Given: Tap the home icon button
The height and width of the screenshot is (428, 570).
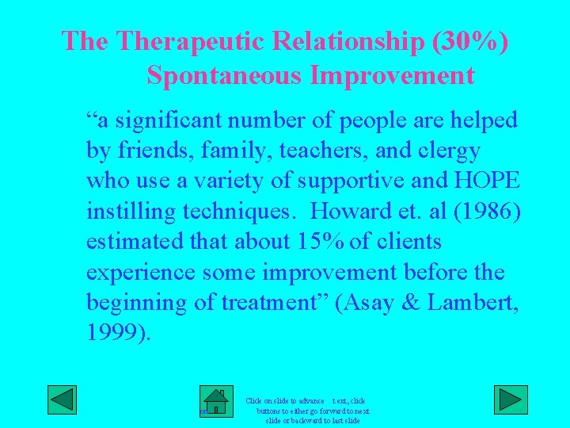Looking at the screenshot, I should pyautogui.click(x=215, y=402).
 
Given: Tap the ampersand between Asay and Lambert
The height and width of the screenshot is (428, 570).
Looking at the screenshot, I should pyautogui.click(x=414, y=303).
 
